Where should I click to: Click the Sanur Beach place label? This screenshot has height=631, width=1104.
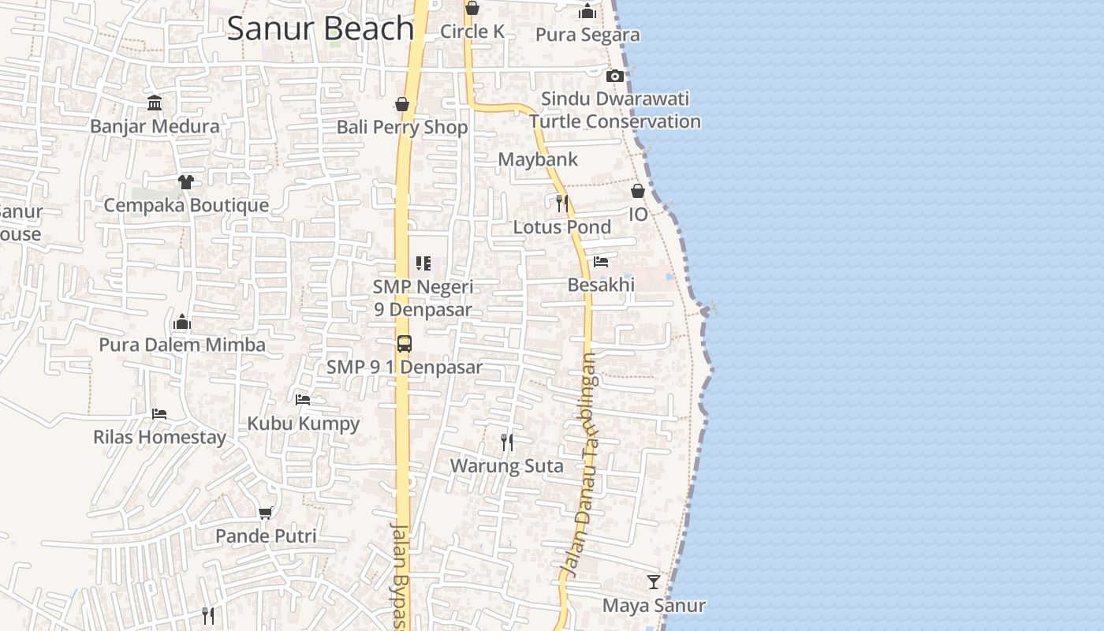320,28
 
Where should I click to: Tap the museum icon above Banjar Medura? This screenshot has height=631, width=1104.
155,103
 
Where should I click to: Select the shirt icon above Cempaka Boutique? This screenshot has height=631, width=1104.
185,182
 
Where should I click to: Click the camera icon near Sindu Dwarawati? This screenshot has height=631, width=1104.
615,77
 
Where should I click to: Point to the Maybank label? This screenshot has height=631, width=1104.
538,159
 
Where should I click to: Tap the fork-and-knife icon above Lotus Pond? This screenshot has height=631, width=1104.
561,203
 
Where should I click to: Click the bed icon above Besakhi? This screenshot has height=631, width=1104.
601,261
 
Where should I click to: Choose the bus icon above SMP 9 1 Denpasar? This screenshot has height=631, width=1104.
405,344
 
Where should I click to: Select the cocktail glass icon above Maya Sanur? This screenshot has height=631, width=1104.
654,582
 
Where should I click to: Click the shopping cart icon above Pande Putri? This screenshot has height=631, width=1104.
266,513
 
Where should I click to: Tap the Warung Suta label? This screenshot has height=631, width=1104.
506,466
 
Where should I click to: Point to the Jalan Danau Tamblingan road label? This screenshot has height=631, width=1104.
581,465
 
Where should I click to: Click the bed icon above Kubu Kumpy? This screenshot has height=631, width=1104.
303,400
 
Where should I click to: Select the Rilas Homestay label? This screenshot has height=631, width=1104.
159,437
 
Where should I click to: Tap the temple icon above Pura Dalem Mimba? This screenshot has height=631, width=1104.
182,322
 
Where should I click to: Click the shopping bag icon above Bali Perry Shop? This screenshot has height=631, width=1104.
402,104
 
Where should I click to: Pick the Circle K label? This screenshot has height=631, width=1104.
472,32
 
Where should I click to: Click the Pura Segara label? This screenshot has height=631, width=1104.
587,35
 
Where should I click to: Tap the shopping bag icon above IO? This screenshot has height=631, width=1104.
638,191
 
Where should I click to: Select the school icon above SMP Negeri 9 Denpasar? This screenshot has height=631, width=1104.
423,263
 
